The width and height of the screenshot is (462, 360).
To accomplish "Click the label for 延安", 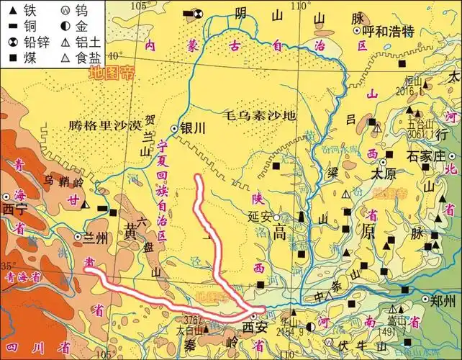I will click(x=258, y=215).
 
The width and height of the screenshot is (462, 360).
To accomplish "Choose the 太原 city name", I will click(x=384, y=174).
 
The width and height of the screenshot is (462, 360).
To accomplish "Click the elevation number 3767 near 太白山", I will click(x=192, y=319).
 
